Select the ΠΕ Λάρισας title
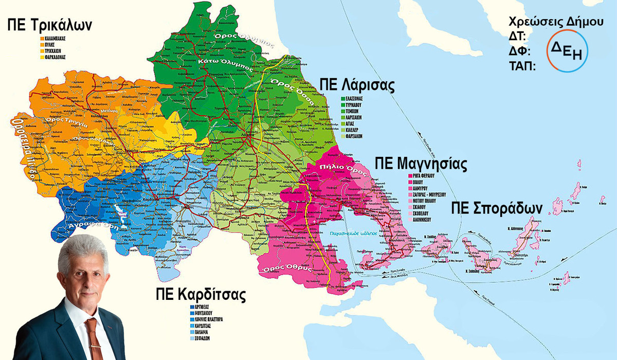(x=356, y=85)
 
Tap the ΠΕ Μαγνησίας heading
(x=421, y=164)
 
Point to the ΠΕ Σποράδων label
(x=497, y=208)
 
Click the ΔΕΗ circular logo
(x=567, y=50)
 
